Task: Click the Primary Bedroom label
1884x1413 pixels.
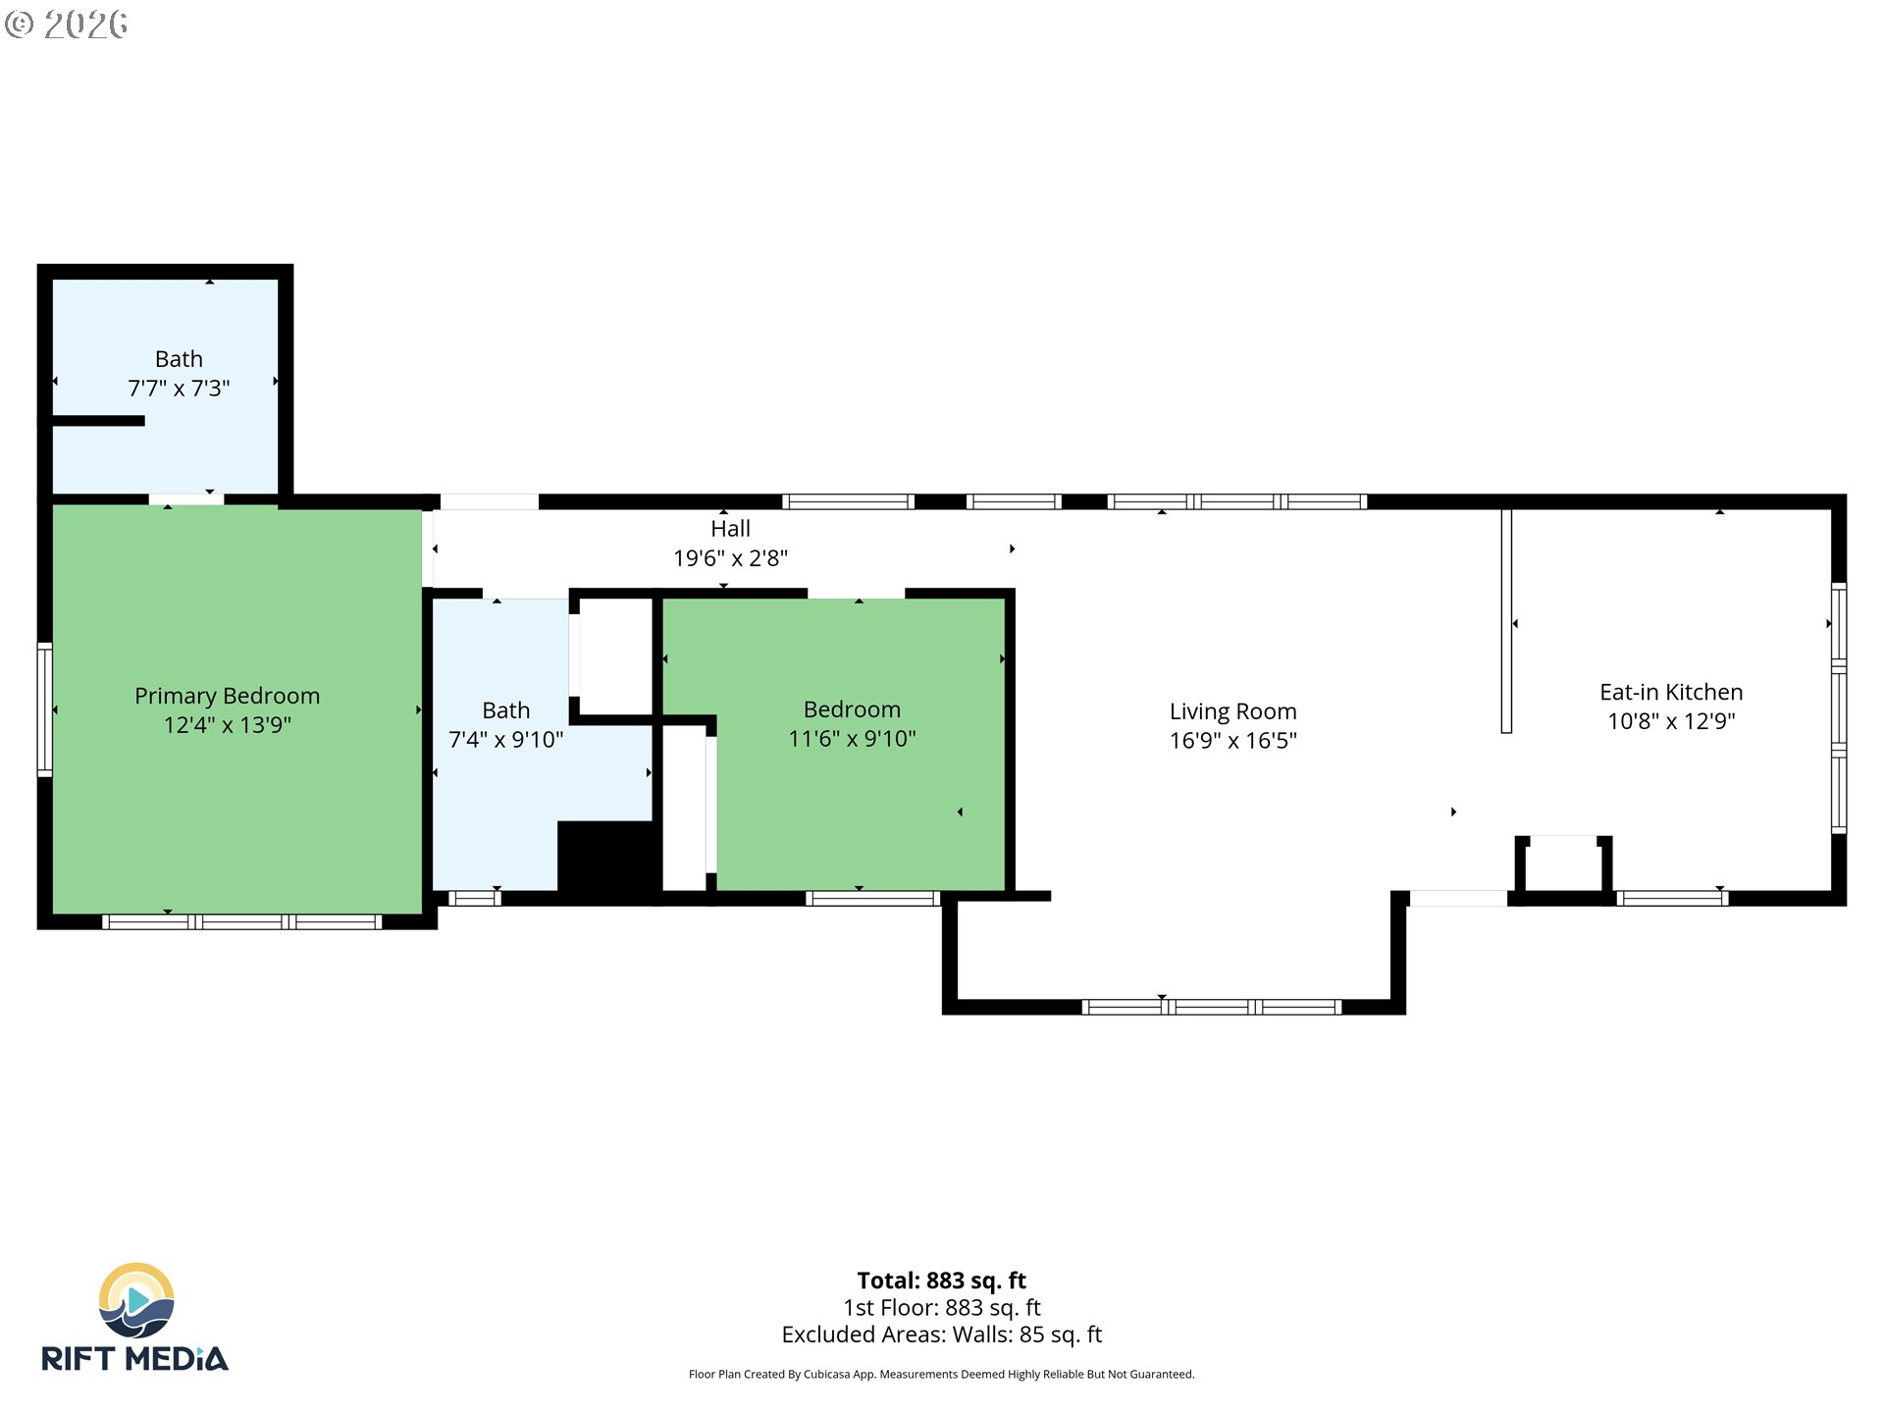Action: pos(227,696)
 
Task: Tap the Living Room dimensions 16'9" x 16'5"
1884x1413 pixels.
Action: pos(1232,741)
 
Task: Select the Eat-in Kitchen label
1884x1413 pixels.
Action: pos(1671,692)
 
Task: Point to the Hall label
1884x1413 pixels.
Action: pos(730,529)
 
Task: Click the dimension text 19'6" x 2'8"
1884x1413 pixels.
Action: pos(730,558)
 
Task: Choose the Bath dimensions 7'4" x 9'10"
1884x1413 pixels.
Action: pos(505,740)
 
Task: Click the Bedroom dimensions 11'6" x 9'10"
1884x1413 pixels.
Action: pos(852,739)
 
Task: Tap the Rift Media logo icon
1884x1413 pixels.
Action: pos(136,1300)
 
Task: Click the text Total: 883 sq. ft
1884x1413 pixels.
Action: pos(941,1281)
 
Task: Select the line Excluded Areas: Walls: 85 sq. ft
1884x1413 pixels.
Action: pos(941,1334)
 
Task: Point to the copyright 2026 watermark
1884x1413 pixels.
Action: pos(67,25)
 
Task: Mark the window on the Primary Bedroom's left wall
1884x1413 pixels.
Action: pos(44,709)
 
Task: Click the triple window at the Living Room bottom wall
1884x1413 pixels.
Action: pos(1211,1007)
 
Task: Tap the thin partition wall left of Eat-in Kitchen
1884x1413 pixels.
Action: pos(1506,620)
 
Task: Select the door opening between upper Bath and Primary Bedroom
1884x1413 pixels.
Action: pos(186,499)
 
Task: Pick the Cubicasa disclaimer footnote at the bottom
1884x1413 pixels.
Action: pos(941,1375)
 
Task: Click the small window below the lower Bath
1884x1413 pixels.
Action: pos(475,898)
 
